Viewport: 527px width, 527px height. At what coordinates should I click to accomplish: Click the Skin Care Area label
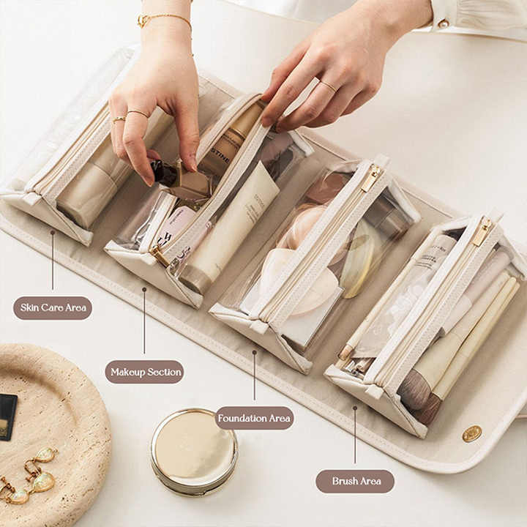(x=53, y=307)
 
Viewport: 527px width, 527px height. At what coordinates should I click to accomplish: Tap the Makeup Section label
(x=144, y=372)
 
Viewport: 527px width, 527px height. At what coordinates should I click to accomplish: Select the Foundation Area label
(x=255, y=419)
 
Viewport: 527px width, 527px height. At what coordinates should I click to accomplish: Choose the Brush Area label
(x=355, y=481)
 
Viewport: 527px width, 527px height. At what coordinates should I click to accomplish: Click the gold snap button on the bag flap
(x=472, y=433)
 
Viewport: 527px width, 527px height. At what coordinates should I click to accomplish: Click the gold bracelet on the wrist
(x=164, y=19)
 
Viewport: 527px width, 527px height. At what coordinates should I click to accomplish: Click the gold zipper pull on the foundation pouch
(x=372, y=178)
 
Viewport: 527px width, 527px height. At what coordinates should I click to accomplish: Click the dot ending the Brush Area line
(x=355, y=408)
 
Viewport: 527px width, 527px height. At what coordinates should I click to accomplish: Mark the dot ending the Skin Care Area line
(x=53, y=233)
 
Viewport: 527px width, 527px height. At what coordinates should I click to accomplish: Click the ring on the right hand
(x=327, y=86)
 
